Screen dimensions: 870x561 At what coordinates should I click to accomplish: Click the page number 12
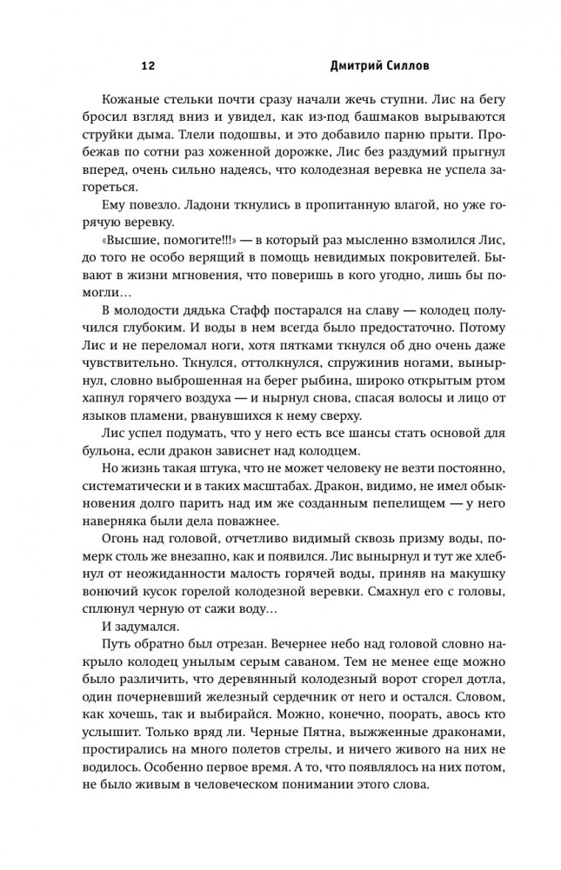tap(147, 66)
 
